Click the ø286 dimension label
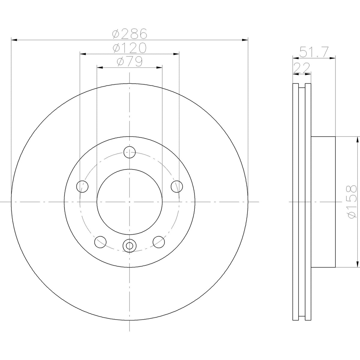(130, 34)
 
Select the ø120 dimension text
(129, 48)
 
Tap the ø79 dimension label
(130, 62)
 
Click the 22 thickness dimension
(301, 68)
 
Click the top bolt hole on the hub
(130, 152)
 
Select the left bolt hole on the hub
(82, 186)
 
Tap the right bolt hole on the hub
(177, 186)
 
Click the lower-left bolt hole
(100, 242)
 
